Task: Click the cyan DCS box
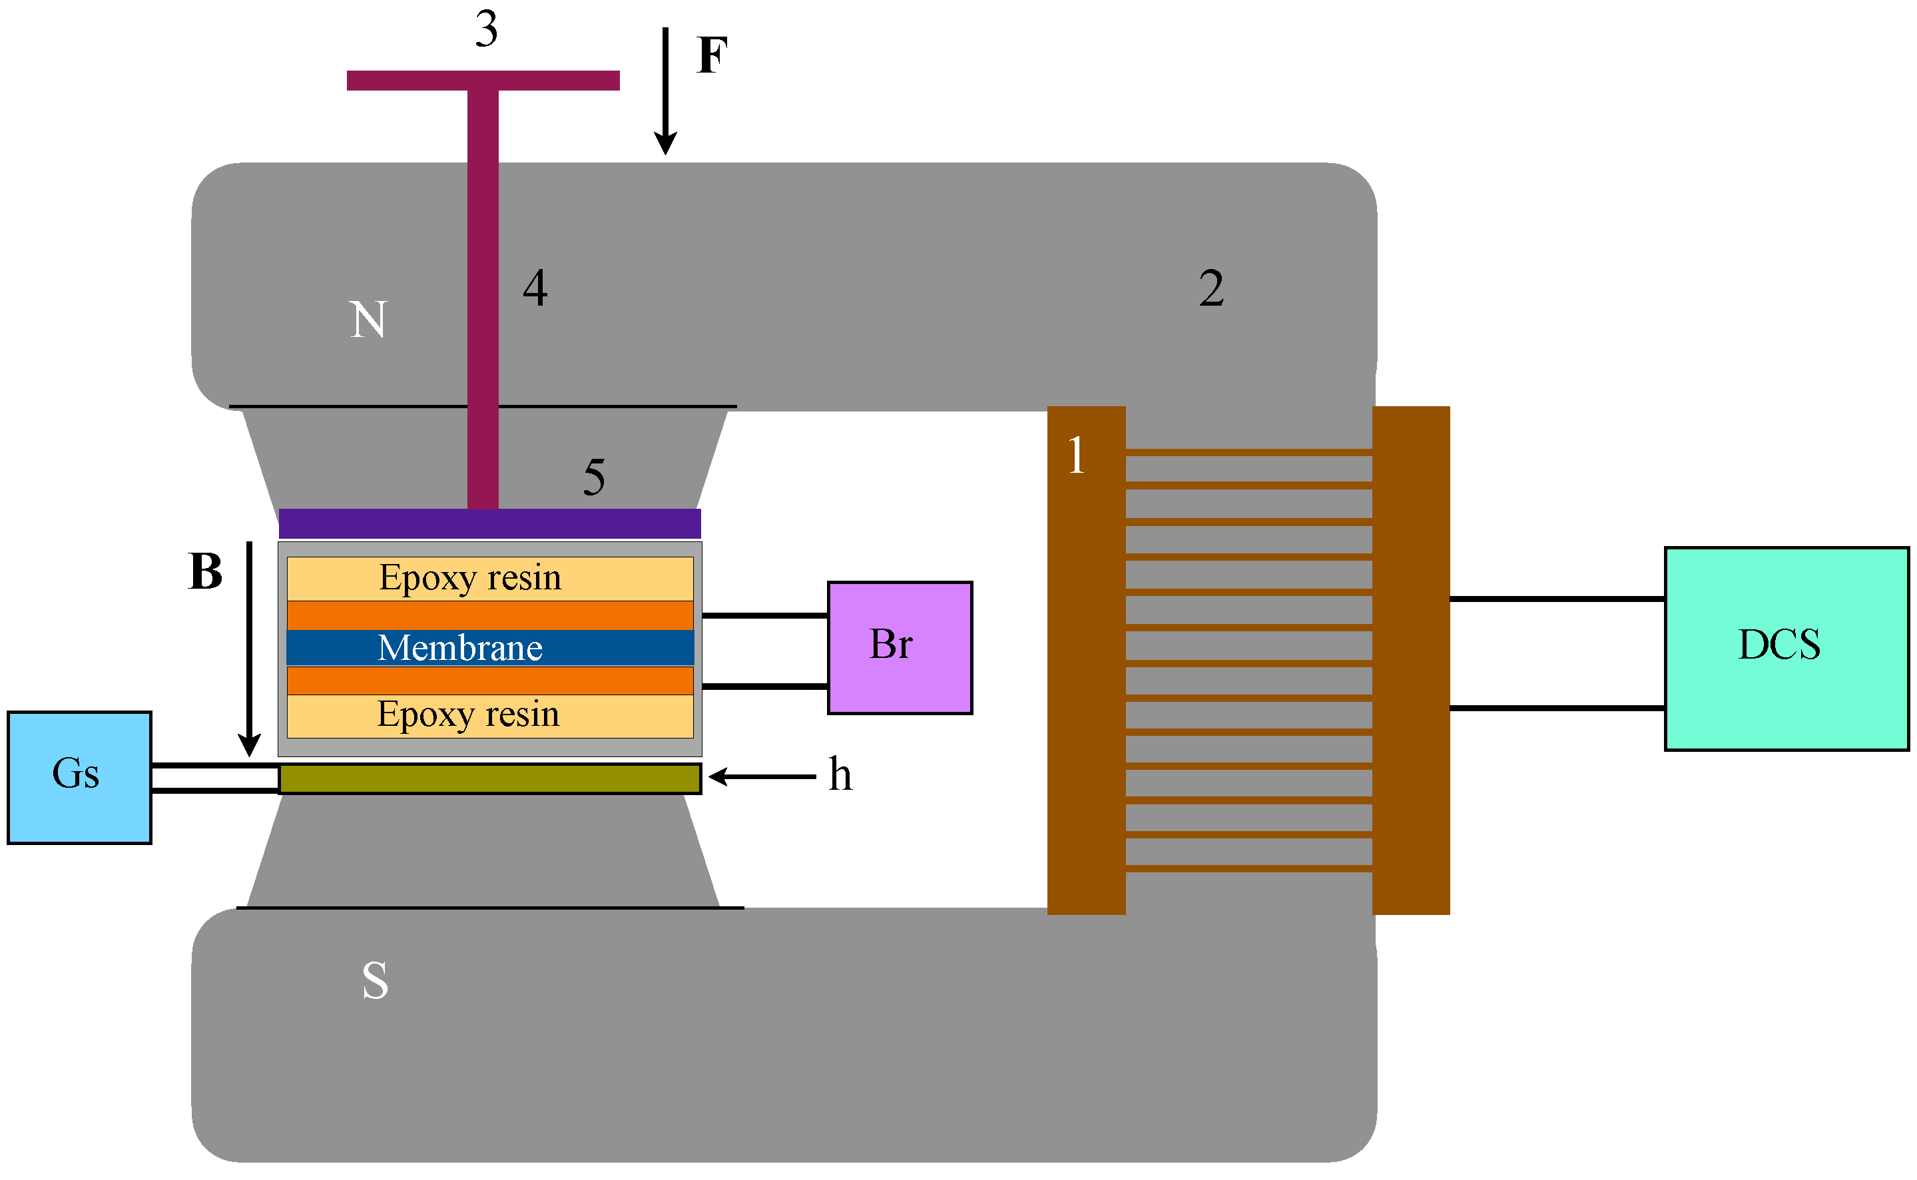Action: coord(1786,649)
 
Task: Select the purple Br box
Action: coord(899,647)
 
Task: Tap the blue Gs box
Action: coord(79,777)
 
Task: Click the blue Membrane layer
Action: coord(489,647)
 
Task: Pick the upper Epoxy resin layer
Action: coord(489,578)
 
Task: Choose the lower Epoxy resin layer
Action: coord(489,716)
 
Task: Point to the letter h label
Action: coord(840,774)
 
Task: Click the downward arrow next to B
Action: coord(249,649)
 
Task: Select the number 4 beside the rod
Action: coord(535,287)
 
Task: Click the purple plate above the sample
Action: coord(489,523)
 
